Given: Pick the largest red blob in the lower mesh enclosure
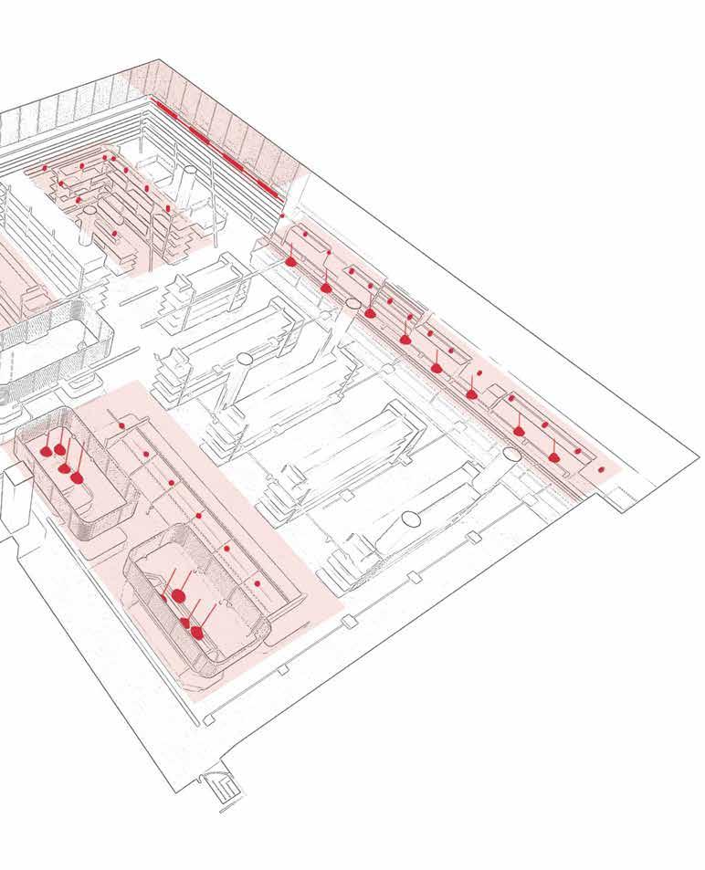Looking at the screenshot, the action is [179, 596].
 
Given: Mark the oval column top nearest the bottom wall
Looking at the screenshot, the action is [410, 520].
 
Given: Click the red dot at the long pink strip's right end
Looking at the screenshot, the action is [601, 469].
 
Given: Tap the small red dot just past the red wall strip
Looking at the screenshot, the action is [282, 216].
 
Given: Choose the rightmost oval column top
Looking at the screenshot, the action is [511, 454].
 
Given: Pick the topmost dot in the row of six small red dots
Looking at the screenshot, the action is [121, 425].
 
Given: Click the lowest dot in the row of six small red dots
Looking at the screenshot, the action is [258, 582].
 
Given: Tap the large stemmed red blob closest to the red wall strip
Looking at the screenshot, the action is [290, 261].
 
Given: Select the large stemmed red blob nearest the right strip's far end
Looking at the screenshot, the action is [553, 456].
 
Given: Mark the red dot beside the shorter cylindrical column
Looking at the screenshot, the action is [114, 234].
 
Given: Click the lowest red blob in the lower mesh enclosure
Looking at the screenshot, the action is [195, 633].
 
